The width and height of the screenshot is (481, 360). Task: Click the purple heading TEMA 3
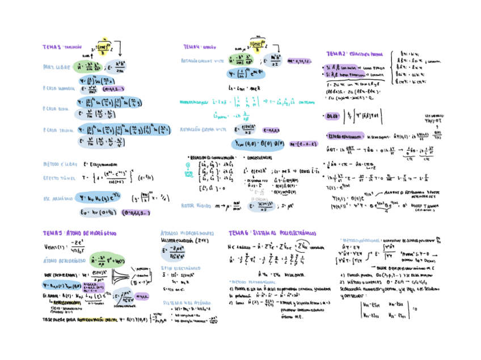54,47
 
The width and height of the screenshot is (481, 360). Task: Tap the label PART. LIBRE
56,67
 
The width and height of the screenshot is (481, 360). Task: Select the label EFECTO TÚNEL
58,178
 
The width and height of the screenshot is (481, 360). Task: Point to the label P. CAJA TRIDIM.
58,130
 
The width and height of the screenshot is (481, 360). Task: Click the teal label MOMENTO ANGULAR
196,103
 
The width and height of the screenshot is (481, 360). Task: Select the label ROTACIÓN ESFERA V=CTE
200,129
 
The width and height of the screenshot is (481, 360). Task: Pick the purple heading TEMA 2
339,53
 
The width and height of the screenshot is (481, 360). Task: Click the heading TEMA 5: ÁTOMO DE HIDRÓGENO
79,233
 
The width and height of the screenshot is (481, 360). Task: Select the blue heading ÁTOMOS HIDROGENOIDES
187,233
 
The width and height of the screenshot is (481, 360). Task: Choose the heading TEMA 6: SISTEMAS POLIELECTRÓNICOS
272,233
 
